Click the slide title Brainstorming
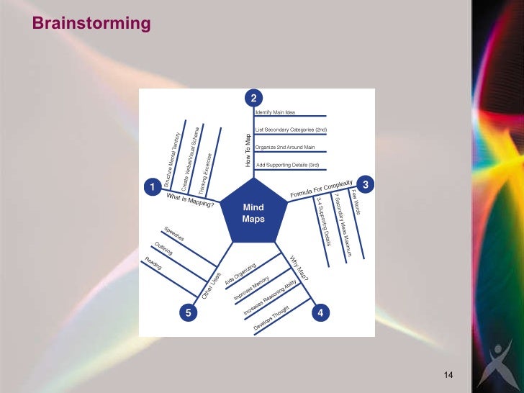[91, 24]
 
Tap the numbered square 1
[152, 187]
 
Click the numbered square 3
[366, 185]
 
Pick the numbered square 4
[320, 313]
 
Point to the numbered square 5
[188, 313]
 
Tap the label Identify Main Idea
[276, 112]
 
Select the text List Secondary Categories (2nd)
[292, 130]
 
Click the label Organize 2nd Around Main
[286, 148]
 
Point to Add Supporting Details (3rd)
[288, 165]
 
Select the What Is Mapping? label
[191, 199]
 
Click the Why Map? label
[299, 267]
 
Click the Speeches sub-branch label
[174, 233]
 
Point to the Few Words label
[356, 203]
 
